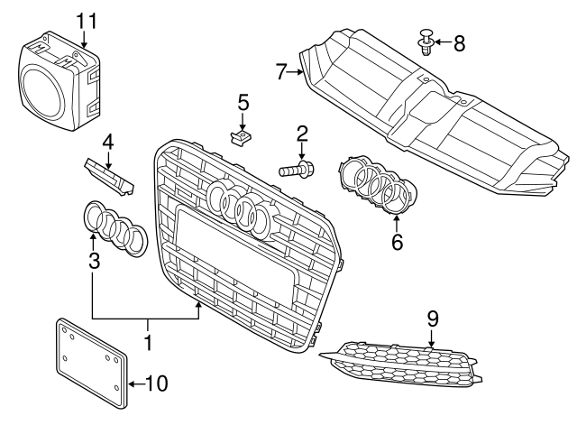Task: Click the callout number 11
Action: [x=85, y=19]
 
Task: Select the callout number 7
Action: [x=281, y=69]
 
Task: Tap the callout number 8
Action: [x=459, y=42]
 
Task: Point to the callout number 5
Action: [x=243, y=102]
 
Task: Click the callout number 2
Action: [x=302, y=134]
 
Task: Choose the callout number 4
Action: [x=106, y=141]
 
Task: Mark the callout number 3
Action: [x=93, y=263]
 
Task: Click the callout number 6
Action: [x=398, y=242]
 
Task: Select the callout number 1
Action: [x=149, y=344]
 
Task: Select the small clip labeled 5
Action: [x=240, y=138]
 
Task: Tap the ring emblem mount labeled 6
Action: [x=377, y=185]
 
